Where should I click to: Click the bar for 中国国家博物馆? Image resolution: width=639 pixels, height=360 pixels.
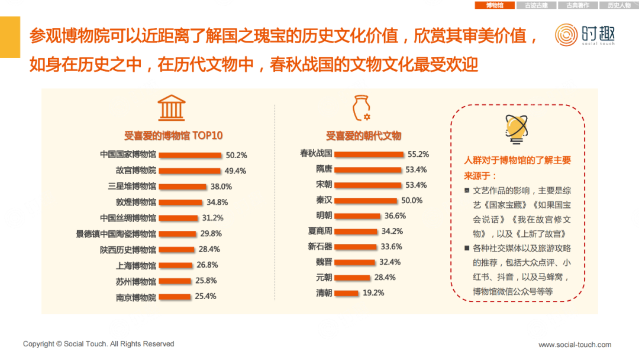(191, 155)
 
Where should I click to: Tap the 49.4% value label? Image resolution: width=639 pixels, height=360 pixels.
(236, 171)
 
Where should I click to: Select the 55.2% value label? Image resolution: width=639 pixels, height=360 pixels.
(418, 154)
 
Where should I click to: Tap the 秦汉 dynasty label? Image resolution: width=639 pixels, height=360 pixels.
(324, 200)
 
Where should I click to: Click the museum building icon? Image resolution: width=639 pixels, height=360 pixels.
(172, 108)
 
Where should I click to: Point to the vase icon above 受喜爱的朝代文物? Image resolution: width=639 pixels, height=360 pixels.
(361, 108)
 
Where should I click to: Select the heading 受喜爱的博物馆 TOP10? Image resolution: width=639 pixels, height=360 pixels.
(173, 136)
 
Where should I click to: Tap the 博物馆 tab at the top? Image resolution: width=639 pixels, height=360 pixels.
(495, 5)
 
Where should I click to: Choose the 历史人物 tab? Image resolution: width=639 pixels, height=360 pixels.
(619, 5)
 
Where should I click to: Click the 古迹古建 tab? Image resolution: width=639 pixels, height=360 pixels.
(536, 5)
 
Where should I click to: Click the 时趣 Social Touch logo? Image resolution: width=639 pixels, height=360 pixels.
(585, 34)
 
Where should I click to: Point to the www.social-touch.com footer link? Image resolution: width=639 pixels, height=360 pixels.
(575, 345)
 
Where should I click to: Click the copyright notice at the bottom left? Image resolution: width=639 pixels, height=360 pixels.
(99, 344)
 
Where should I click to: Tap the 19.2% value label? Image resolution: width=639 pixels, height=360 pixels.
(373, 292)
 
